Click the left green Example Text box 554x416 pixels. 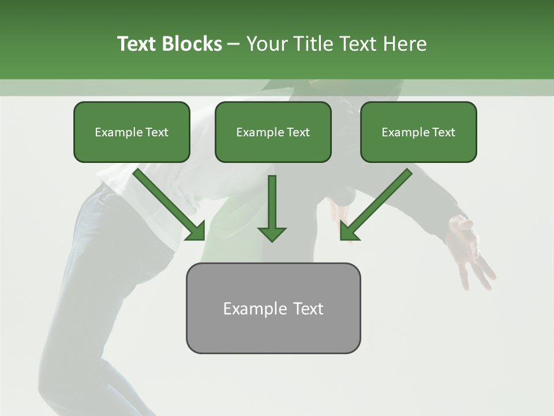[x=132, y=132]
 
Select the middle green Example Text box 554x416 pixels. [x=273, y=132]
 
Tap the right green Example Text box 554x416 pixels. [x=418, y=132]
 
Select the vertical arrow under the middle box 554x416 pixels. [x=272, y=205]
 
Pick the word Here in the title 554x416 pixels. [x=405, y=44]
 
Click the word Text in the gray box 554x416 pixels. [x=308, y=309]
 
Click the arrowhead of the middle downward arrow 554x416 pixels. [x=272, y=233]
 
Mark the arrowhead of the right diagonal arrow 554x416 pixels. [x=349, y=232]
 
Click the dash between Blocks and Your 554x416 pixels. [x=234, y=44]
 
